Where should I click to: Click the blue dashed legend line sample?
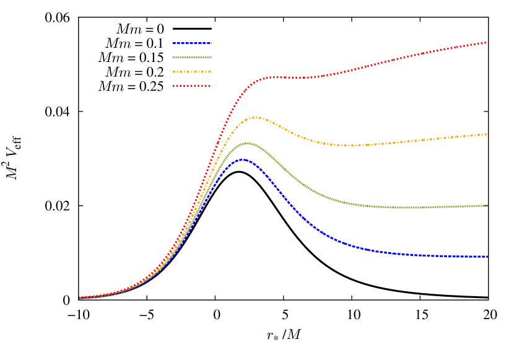pos(192,43)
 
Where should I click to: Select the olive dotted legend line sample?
pos(192,57)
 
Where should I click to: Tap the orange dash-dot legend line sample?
pos(192,72)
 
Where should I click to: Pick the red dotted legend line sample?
pos(192,86)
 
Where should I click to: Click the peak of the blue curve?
pos(243,159)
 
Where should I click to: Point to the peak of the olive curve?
pos(248,143)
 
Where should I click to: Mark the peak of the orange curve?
pos(254,117)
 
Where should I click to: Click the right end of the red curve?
pos(487,42)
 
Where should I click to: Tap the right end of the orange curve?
pos(487,134)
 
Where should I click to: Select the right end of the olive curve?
pos(487,206)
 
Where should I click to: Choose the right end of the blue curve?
pos(487,256)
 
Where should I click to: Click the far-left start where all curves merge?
pos(81,297)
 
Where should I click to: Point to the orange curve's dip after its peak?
pos(350,146)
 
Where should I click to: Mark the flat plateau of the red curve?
pos(291,77)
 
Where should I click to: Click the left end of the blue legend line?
pos(174,43)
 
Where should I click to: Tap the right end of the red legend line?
pos(210,86)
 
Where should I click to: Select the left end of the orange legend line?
pos(174,72)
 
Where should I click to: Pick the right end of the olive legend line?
pos(210,57)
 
